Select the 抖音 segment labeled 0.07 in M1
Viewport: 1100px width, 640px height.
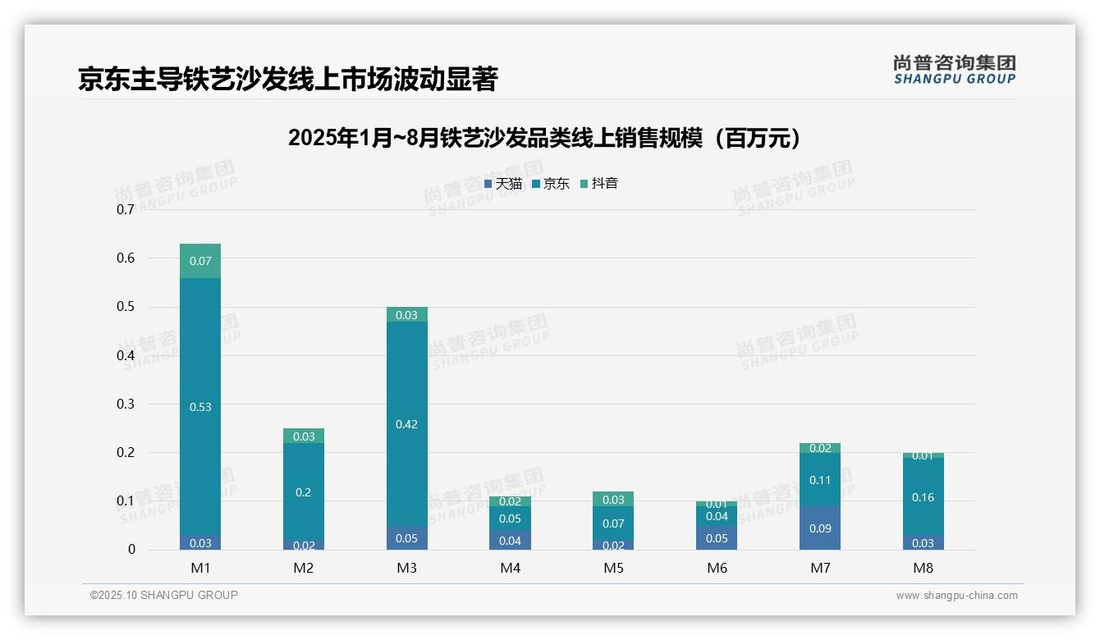(200, 261)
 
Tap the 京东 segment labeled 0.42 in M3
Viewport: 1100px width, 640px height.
(406, 424)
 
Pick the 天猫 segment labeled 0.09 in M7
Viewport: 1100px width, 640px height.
(820, 528)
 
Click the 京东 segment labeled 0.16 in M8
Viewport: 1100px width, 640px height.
(923, 496)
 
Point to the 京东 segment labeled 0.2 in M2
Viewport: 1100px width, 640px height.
(304, 491)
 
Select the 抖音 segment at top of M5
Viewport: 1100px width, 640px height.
(613, 499)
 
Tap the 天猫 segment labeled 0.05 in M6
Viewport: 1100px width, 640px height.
(717, 538)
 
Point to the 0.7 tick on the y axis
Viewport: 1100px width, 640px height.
(126, 209)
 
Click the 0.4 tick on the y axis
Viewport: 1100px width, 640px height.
(126, 355)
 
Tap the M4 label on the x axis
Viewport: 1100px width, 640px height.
(510, 568)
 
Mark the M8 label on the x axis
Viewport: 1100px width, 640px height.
(923, 568)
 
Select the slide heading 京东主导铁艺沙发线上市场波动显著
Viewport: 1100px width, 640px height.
(287, 80)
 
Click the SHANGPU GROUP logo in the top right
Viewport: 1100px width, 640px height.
(954, 70)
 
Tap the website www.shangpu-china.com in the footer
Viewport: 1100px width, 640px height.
(956, 596)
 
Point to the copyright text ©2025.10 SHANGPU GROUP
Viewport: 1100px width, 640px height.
(164, 596)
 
